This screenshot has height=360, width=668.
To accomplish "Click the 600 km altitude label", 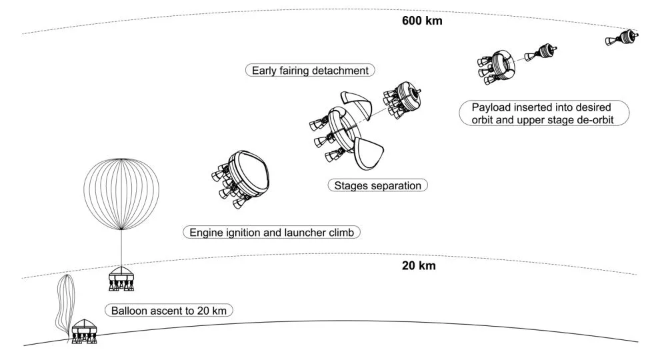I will pyautogui.click(x=422, y=21).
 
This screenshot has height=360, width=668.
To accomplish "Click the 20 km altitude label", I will pyautogui.click(x=419, y=265).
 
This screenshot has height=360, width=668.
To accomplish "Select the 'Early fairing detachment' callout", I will pyautogui.click(x=310, y=70).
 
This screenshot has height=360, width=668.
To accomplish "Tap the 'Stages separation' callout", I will pyautogui.click(x=377, y=185).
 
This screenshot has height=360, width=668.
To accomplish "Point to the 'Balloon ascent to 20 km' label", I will pyautogui.click(x=168, y=311).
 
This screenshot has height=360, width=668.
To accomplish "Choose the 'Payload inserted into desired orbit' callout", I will pyautogui.click(x=543, y=113).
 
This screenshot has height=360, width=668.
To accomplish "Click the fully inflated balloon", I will pyautogui.click(x=121, y=193).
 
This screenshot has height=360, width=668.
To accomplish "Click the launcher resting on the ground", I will pyautogui.click(x=85, y=331).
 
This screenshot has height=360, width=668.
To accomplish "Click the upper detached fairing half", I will pyautogui.click(x=354, y=107).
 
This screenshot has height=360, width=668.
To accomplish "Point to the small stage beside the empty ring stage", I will pyautogui.click(x=541, y=53).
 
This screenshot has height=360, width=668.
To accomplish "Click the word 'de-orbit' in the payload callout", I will pyautogui.click(x=595, y=120).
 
